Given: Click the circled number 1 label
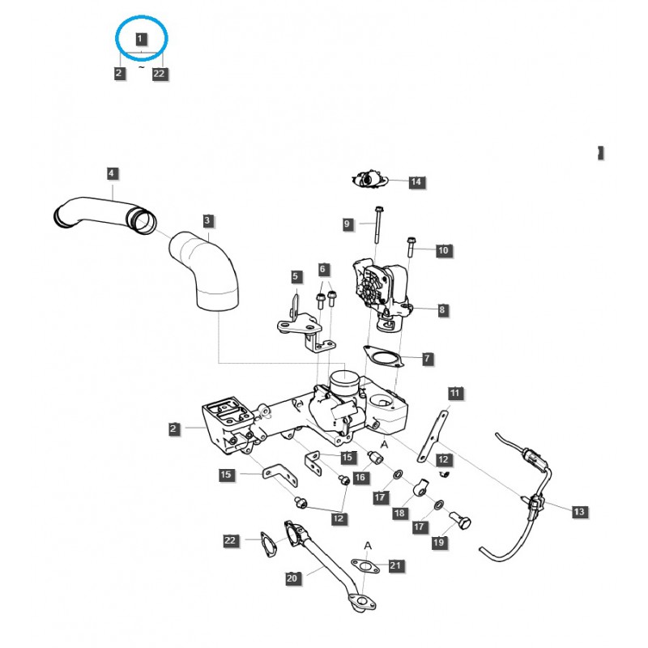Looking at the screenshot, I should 141,38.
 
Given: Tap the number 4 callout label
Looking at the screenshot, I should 112,173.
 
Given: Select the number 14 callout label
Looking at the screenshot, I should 416,182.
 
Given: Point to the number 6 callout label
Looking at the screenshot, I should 323,269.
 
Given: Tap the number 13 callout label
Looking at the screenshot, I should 578,512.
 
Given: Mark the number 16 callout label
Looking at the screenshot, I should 360,479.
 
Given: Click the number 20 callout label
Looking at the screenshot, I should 292,578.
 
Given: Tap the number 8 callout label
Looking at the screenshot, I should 442,309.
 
